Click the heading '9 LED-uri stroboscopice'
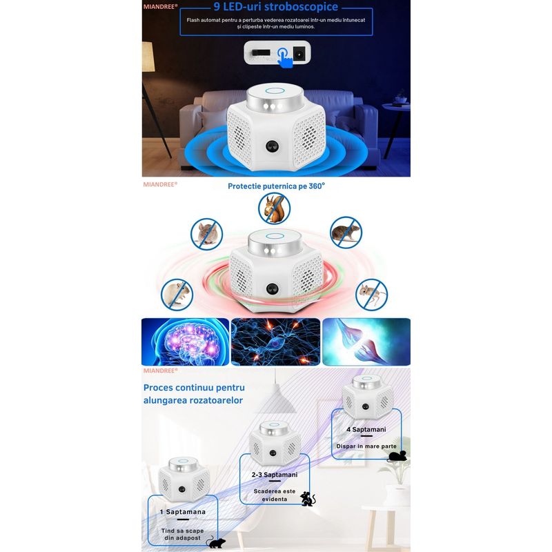[x=275, y=8]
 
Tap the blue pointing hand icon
[x=285, y=58]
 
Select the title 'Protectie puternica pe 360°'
[x=276, y=186]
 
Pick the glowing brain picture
[x=185, y=341]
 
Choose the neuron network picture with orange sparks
[x=275, y=341]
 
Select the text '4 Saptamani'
[x=366, y=429]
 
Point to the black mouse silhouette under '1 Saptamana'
[x=216, y=543]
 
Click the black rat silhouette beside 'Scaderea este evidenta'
[x=308, y=498]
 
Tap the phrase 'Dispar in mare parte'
[x=366, y=446]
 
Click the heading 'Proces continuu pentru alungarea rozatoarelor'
[x=194, y=393]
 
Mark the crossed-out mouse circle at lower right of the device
[x=371, y=295]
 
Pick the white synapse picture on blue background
[x=366, y=341]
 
